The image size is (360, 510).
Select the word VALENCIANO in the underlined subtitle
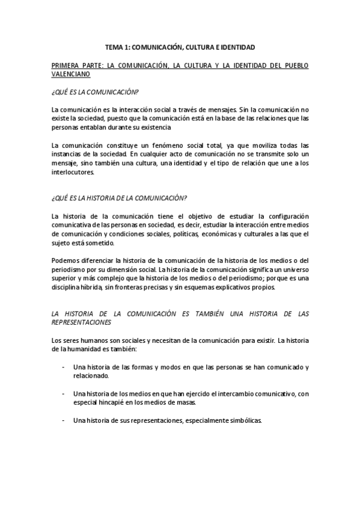[x=70, y=74]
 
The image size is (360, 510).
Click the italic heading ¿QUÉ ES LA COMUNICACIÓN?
[x=95, y=92]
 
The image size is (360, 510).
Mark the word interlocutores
[x=73, y=171]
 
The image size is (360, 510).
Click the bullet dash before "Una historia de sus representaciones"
[x=64, y=420]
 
